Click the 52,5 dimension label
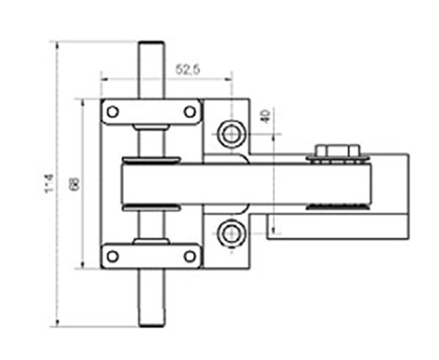(x=187, y=70)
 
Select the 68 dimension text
(x=75, y=185)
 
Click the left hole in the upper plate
(x=112, y=112)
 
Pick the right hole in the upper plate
(x=188, y=112)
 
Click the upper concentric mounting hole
(x=229, y=134)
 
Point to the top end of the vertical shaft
(x=150, y=46)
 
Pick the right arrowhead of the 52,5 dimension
(x=230, y=77)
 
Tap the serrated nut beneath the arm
(x=336, y=207)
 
